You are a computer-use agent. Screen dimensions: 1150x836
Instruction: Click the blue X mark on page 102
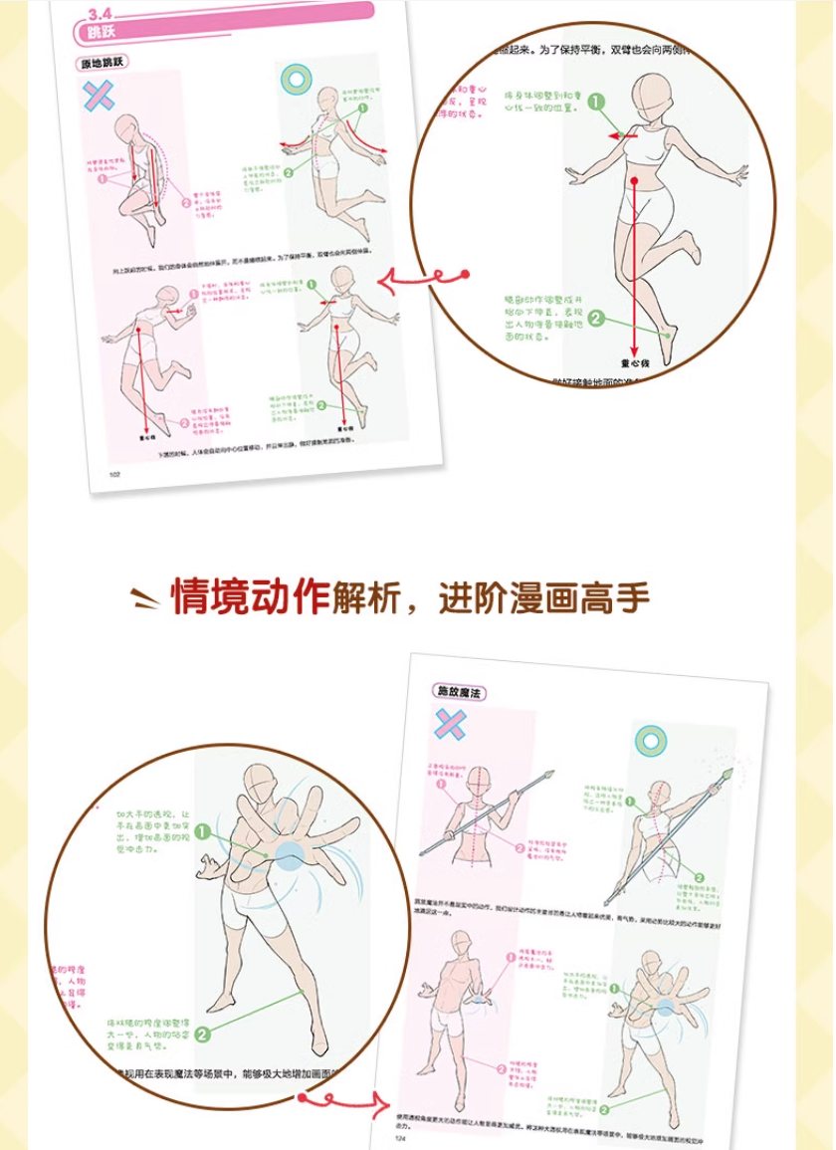[99, 96]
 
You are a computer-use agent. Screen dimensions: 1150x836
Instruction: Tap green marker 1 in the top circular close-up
[595, 102]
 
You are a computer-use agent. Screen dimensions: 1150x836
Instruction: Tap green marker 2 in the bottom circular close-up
[203, 1035]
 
